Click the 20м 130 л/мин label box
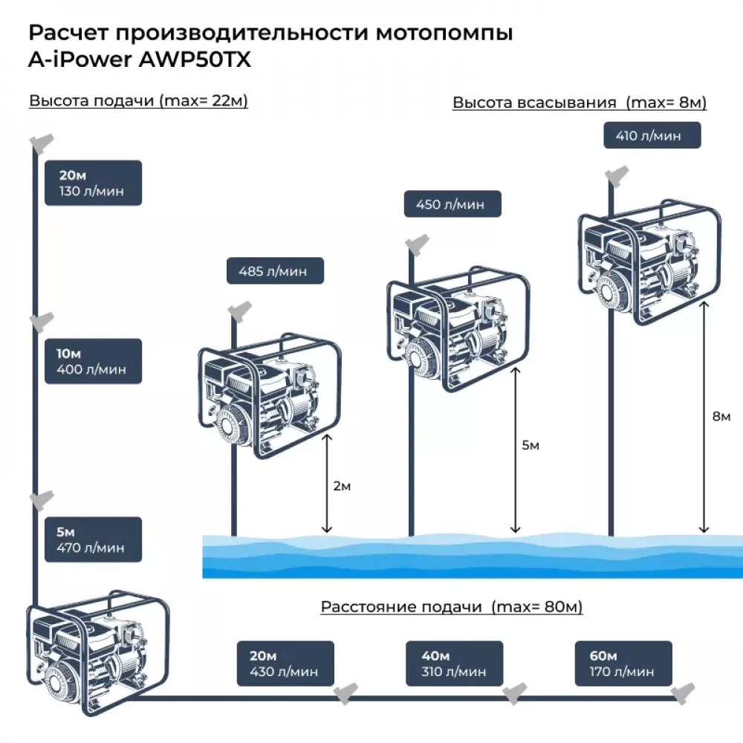[x=93, y=183]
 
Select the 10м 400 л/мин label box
[x=93, y=361]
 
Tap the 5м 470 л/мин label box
[x=93, y=539]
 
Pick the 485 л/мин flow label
[x=276, y=271]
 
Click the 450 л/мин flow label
[x=452, y=204]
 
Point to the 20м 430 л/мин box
[x=285, y=663]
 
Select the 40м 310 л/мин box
[x=454, y=663]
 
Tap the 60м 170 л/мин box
[x=623, y=663]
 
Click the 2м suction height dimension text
[x=342, y=487]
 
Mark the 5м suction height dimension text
[x=531, y=445]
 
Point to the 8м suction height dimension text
[x=721, y=416]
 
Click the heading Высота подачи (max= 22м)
[x=138, y=102]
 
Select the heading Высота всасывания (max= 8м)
[x=580, y=103]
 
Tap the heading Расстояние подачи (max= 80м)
[x=452, y=607]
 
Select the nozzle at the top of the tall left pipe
[x=41, y=143]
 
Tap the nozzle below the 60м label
[x=682, y=692]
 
